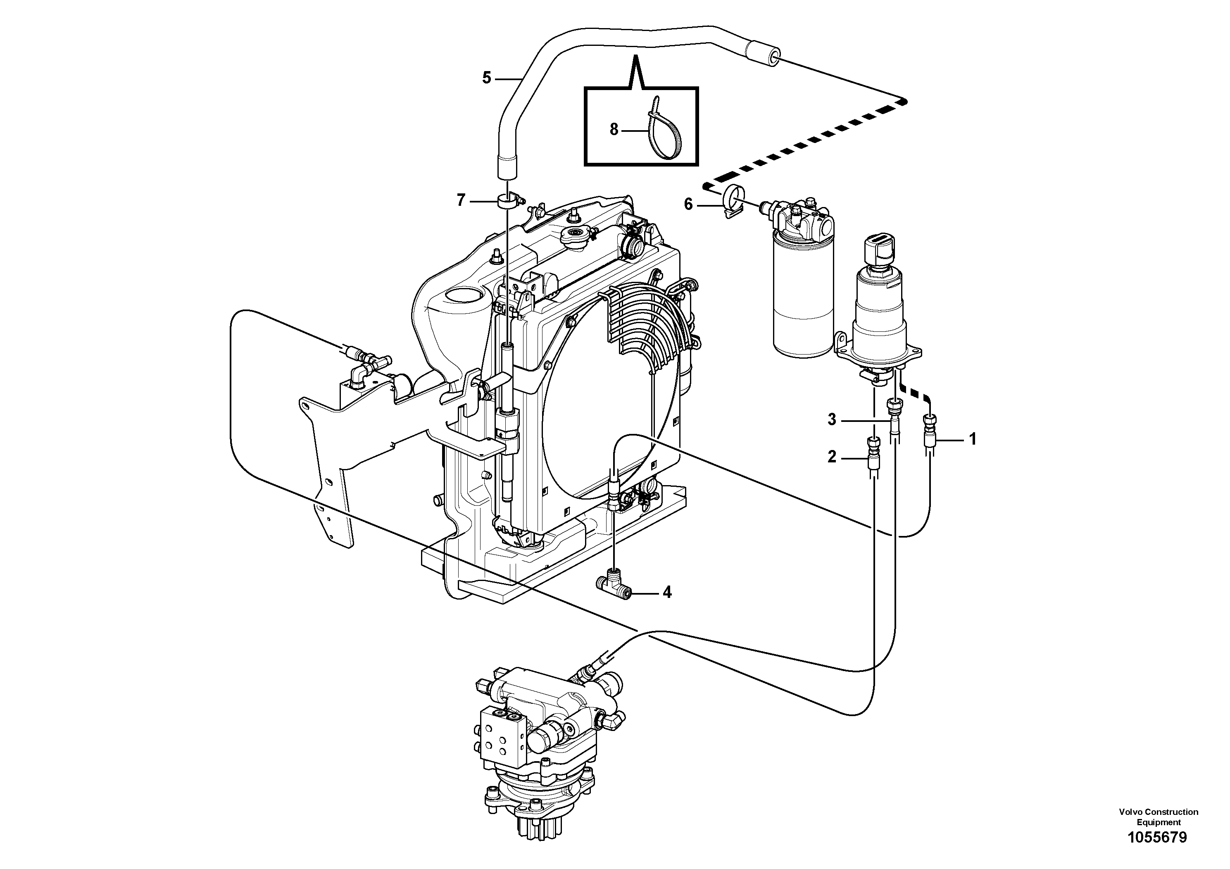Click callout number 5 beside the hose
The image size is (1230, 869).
tap(486, 78)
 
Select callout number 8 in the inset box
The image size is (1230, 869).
tap(614, 129)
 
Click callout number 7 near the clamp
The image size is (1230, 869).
tap(461, 201)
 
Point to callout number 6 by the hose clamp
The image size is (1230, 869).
tap(688, 204)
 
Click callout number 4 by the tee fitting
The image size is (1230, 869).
tap(667, 592)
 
